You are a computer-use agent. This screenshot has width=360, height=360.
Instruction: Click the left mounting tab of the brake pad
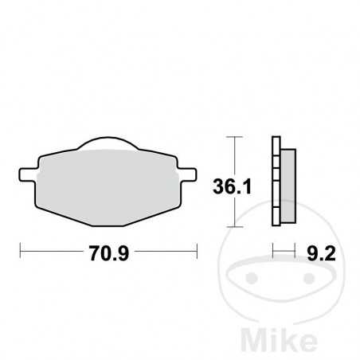pyautogui.click(x=25, y=171)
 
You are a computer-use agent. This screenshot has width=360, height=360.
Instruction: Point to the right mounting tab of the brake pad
pyautogui.click(x=190, y=171)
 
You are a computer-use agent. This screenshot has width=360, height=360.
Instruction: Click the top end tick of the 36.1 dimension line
pyautogui.click(x=232, y=137)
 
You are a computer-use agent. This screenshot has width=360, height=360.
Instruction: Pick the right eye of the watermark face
pyautogui.click(x=303, y=279)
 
